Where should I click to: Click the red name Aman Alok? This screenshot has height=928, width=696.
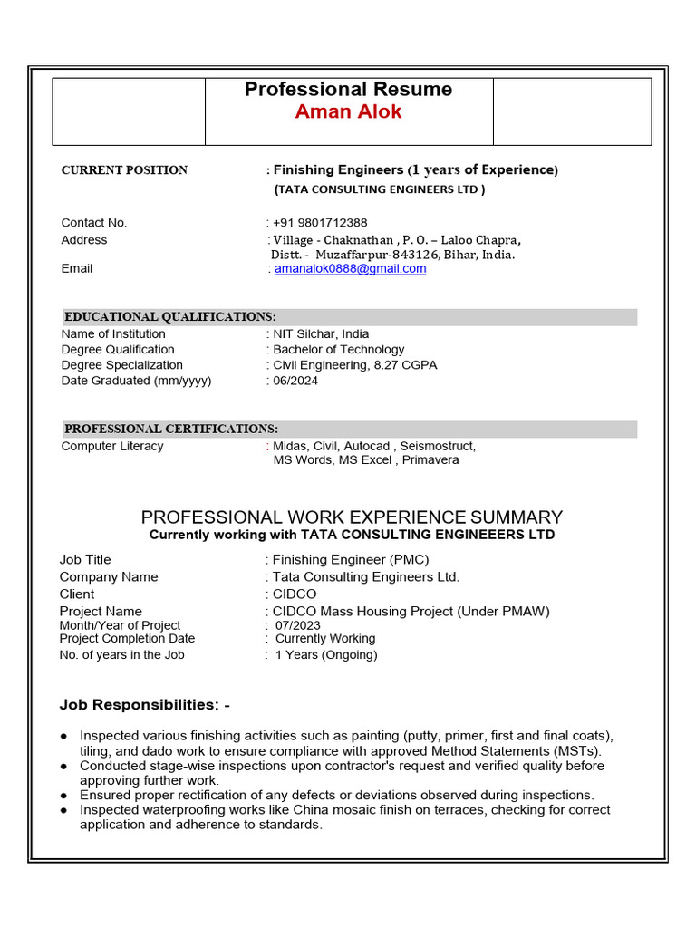tap(348, 112)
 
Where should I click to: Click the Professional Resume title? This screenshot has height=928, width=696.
tap(348, 89)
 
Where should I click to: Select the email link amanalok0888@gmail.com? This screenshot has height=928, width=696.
tap(350, 269)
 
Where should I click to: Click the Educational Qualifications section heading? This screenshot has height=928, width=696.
tap(170, 317)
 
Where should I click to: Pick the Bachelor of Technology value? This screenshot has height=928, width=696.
tap(339, 350)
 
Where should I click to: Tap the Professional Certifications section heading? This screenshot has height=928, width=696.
tap(171, 429)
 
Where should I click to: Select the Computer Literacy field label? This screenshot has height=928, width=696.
tap(112, 446)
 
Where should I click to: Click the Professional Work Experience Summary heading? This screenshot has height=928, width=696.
tap(352, 517)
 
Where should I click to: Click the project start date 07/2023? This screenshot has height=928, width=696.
tap(298, 625)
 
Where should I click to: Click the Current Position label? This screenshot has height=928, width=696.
tap(124, 170)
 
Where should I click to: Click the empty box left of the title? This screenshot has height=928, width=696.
tap(129, 111)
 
